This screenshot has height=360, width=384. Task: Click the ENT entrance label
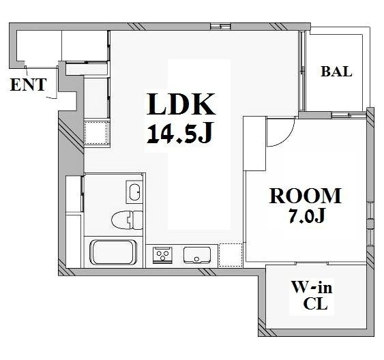pyautogui.click(x=28, y=85)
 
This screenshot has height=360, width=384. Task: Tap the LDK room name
pyautogui.click(x=181, y=104)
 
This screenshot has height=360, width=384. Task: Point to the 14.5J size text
pyautogui.click(x=179, y=132)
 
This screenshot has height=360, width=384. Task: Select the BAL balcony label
pyautogui.click(x=336, y=72)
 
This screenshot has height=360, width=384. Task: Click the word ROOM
pyautogui.click(x=305, y=196)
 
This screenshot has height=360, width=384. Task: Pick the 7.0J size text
pyautogui.click(x=306, y=215)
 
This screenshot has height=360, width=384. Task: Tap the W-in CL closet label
pyautogui.click(x=312, y=295)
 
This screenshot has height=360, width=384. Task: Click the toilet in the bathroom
pyautogui.click(x=127, y=220)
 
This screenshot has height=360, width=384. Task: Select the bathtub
pyautogui.click(x=113, y=252)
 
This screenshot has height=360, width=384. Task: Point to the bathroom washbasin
pyautogui.click(x=134, y=192)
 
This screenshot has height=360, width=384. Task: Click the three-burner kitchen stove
pyautogui.click(x=162, y=255)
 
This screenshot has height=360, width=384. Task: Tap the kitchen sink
pyautogui.click(x=197, y=255)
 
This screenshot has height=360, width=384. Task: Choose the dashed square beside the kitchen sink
pyautogui.click(x=231, y=255)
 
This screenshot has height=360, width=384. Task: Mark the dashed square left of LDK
pyautogui.click(x=97, y=133)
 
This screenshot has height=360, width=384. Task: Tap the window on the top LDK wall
pyautogui.click(x=221, y=26)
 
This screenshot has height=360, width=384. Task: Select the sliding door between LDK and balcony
pyautogui.click(x=302, y=71)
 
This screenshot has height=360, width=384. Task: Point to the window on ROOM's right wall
pyautogui.click(x=370, y=224)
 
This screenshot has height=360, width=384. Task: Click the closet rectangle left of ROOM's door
pyautogui.click(x=254, y=143)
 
